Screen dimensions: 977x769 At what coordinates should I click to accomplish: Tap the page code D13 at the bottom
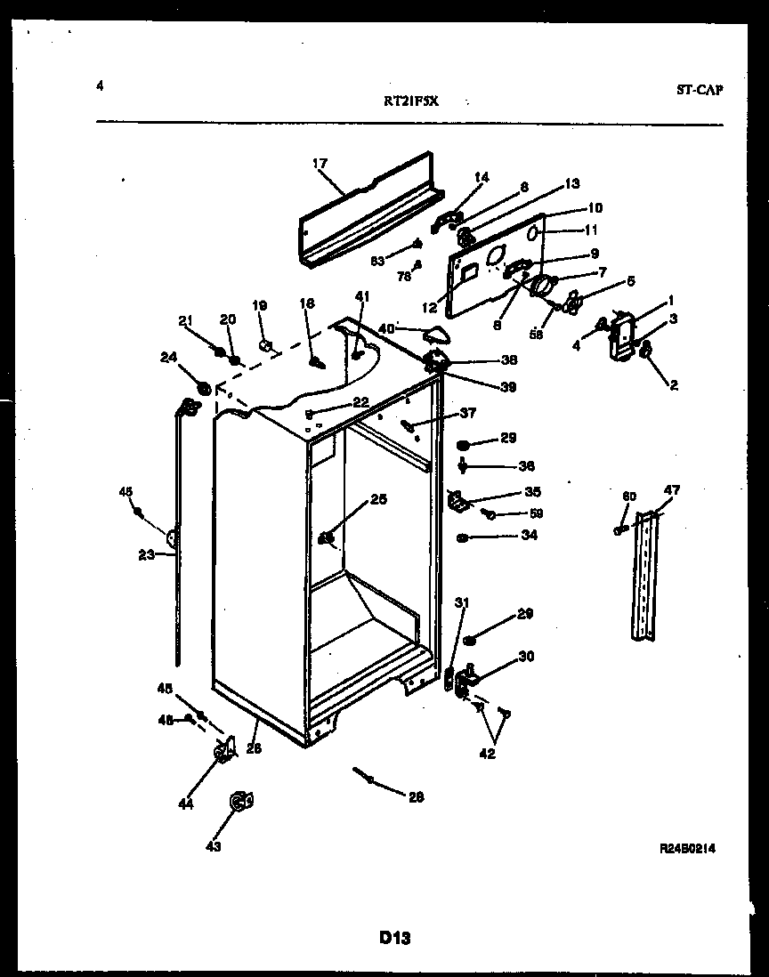394,936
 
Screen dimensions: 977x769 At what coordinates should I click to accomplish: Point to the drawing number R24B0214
687,849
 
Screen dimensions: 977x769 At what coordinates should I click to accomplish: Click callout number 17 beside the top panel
320,164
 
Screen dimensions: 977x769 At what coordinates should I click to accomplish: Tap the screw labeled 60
619,530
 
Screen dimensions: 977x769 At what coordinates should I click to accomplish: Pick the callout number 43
213,846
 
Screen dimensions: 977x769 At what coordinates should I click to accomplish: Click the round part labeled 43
238,803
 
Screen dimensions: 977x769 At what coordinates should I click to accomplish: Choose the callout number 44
184,804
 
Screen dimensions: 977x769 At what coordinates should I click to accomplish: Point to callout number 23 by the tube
146,554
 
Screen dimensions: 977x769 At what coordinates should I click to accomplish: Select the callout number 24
167,358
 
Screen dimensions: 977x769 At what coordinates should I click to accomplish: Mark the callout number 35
532,491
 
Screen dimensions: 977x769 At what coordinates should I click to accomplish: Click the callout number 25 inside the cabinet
378,500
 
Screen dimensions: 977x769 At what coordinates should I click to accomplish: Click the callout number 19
259,305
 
